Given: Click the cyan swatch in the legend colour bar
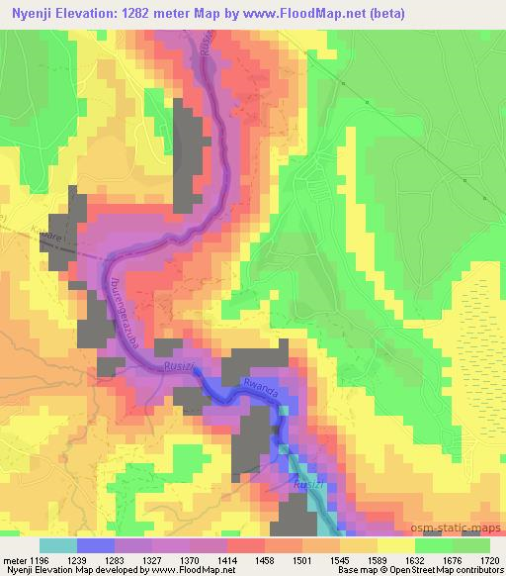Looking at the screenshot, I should tap(58, 545).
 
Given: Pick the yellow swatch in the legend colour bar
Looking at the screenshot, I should tap(395, 545).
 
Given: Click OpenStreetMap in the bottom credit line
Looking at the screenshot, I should tap(416, 570).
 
